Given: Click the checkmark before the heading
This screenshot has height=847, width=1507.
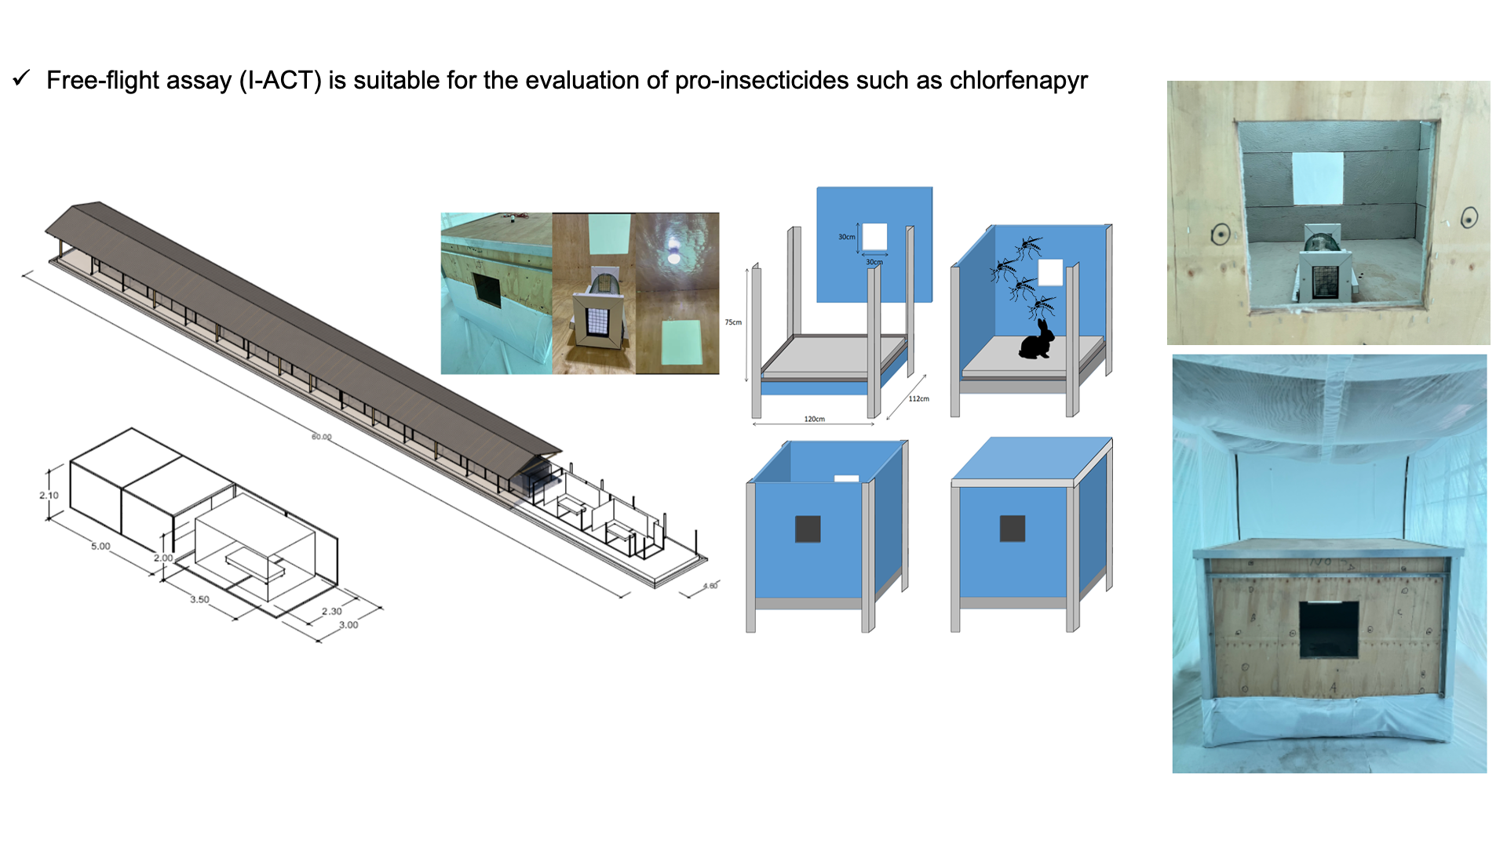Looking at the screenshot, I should tap(21, 78).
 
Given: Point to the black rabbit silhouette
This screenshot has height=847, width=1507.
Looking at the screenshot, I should tap(1037, 340).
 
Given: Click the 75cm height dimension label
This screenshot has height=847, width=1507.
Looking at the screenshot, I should tap(733, 322).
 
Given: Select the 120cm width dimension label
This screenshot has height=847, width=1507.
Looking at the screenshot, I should tap(814, 420).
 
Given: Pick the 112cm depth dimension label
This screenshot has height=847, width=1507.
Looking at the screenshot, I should tap(918, 399).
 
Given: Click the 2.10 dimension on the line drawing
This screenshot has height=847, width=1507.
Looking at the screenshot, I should tap(49, 496).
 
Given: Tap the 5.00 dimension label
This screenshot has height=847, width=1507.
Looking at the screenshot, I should tap(100, 547).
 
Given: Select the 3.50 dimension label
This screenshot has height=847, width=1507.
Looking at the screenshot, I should tap(199, 600).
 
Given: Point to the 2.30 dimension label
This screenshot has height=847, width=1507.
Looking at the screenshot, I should tap(331, 612).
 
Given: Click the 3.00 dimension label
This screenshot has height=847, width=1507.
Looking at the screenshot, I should tap(348, 625).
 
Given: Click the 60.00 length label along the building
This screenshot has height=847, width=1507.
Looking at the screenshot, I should tap(322, 437).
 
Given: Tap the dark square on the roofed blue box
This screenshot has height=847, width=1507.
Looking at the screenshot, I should tap(1012, 529).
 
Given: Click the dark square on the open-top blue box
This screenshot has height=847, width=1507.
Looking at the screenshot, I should tap(808, 529).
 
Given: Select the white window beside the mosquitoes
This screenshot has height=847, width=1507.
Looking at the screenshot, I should tap(1050, 272).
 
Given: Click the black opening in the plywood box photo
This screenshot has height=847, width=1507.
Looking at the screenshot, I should tap(1329, 629).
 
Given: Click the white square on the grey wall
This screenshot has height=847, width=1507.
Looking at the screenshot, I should tap(1317, 179).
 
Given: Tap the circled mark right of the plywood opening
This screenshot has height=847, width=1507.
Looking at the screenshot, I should tap(1469, 218).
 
